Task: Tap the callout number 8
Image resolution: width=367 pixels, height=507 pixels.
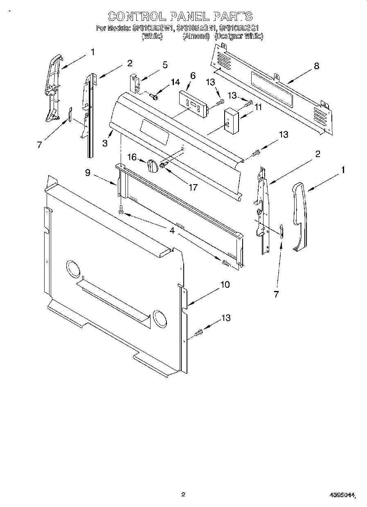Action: click(316, 66)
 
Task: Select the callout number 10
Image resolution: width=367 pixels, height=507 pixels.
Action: click(225, 284)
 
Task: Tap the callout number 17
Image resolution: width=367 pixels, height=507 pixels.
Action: click(193, 187)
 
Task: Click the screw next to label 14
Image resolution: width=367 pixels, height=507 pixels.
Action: click(154, 97)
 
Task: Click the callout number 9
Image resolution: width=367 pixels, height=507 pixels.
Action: click(88, 173)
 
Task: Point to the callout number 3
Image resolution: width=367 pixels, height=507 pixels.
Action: click(105, 143)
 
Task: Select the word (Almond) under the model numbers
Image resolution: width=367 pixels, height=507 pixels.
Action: click(196, 36)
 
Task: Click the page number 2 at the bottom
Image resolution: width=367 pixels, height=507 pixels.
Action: click(183, 495)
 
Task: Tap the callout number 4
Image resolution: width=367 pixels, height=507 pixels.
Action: click(172, 231)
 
